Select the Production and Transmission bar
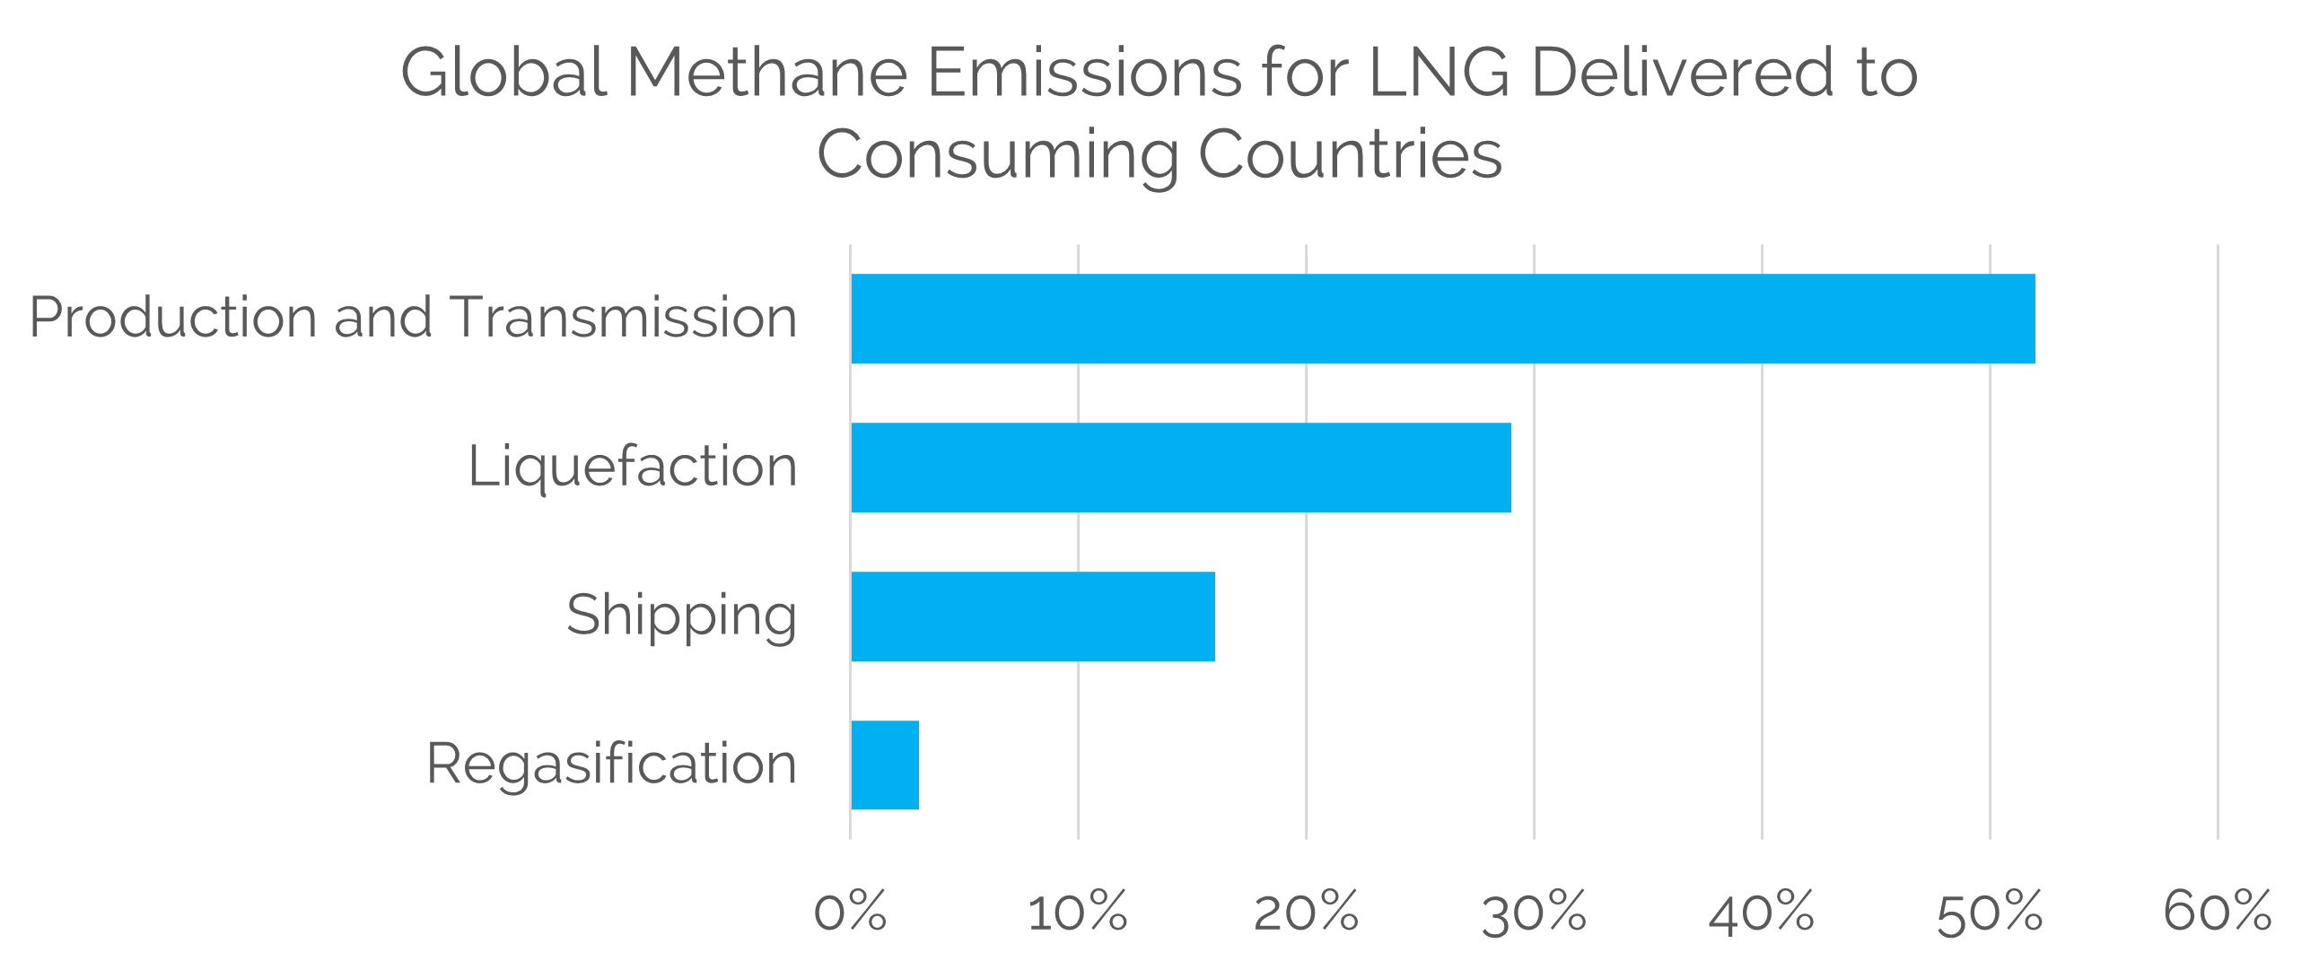(x=1443, y=319)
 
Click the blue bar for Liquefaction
(x=1181, y=468)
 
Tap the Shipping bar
(x=1033, y=616)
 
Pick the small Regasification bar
(x=885, y=765)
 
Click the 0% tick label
(x=850, y=912)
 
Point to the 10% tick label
(x=1078, y=912)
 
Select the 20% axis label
(x=1306, y=912)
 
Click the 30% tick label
(x=1534, y=912)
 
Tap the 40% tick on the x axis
(x=1762, y=912)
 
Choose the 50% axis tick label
(x=1990, y=912)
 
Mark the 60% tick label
(x=2218, y=912)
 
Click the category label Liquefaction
(x=632, y=467)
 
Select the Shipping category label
(x=681, y=616)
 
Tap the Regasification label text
(x=611, y=765)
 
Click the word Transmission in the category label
(x=624, y=318)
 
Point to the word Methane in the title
(x=767, y=72)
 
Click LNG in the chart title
(x=1439, y=72)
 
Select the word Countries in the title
(x=1350, y=153)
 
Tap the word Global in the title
(x=504, y=72)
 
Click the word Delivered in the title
(x=1682, y=72)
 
